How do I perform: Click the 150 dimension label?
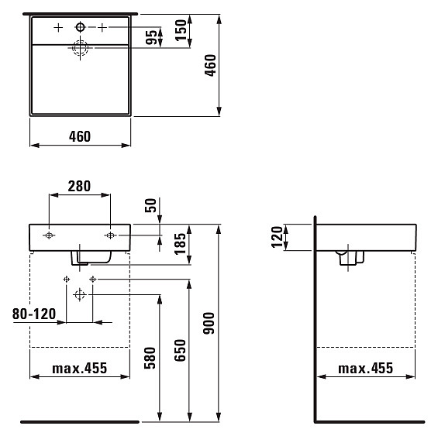pos(181,30)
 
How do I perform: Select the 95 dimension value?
pos(151,37)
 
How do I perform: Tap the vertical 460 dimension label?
pos(210,65)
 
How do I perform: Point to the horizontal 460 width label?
pos(80,136)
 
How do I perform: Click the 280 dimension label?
pos(79,186)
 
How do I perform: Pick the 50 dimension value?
pos(151,205)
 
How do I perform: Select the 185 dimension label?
pos(180,244)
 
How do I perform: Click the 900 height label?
pos(209,323)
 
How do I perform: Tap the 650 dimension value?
pos(180,351)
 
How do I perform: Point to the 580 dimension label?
pos(150,358)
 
